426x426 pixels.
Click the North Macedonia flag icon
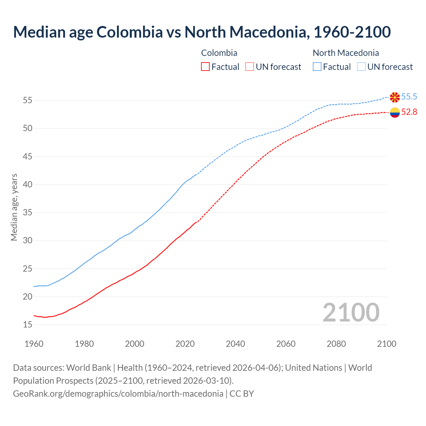coord(395,97)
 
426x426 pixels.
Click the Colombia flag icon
coord(395,112)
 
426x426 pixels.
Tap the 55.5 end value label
coord(409,97)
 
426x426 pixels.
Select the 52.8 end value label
coord(409,112)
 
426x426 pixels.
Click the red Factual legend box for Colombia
coord(205,67)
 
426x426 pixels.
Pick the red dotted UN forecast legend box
coord(250,67)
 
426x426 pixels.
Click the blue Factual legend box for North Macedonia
coord(317,67)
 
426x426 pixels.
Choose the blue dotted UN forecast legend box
coord(361,67)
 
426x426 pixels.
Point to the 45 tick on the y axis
coord(27,156)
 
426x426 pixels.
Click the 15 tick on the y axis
coord(27,324)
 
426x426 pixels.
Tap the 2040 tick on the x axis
coord(235,344)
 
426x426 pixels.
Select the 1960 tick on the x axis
coord(34,344)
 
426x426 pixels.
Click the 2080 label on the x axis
coord(336,344)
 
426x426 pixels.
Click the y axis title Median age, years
coord(14,207)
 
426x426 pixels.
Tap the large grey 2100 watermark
coord(351,312)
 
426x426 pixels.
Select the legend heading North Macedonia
coord(346,53)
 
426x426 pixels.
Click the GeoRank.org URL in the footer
coord(118,394)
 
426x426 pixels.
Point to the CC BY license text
coord(242,394)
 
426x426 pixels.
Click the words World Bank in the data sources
coord(89,368)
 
